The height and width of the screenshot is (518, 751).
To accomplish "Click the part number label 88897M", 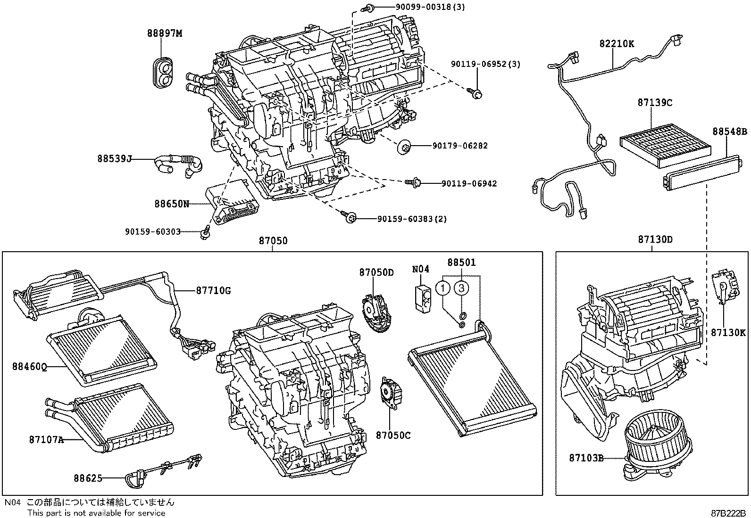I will click(x=164, y=33).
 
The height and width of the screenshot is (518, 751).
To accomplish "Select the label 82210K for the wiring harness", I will click(x=617, y=44).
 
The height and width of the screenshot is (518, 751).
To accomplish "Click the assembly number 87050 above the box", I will click(x=273, y=241).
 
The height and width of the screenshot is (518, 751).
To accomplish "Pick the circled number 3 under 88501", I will click(x=462, y=288).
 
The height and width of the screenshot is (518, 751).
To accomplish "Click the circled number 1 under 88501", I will click(x=443, y=288).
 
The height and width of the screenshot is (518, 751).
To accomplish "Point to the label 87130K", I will click(x=728, y=333).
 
